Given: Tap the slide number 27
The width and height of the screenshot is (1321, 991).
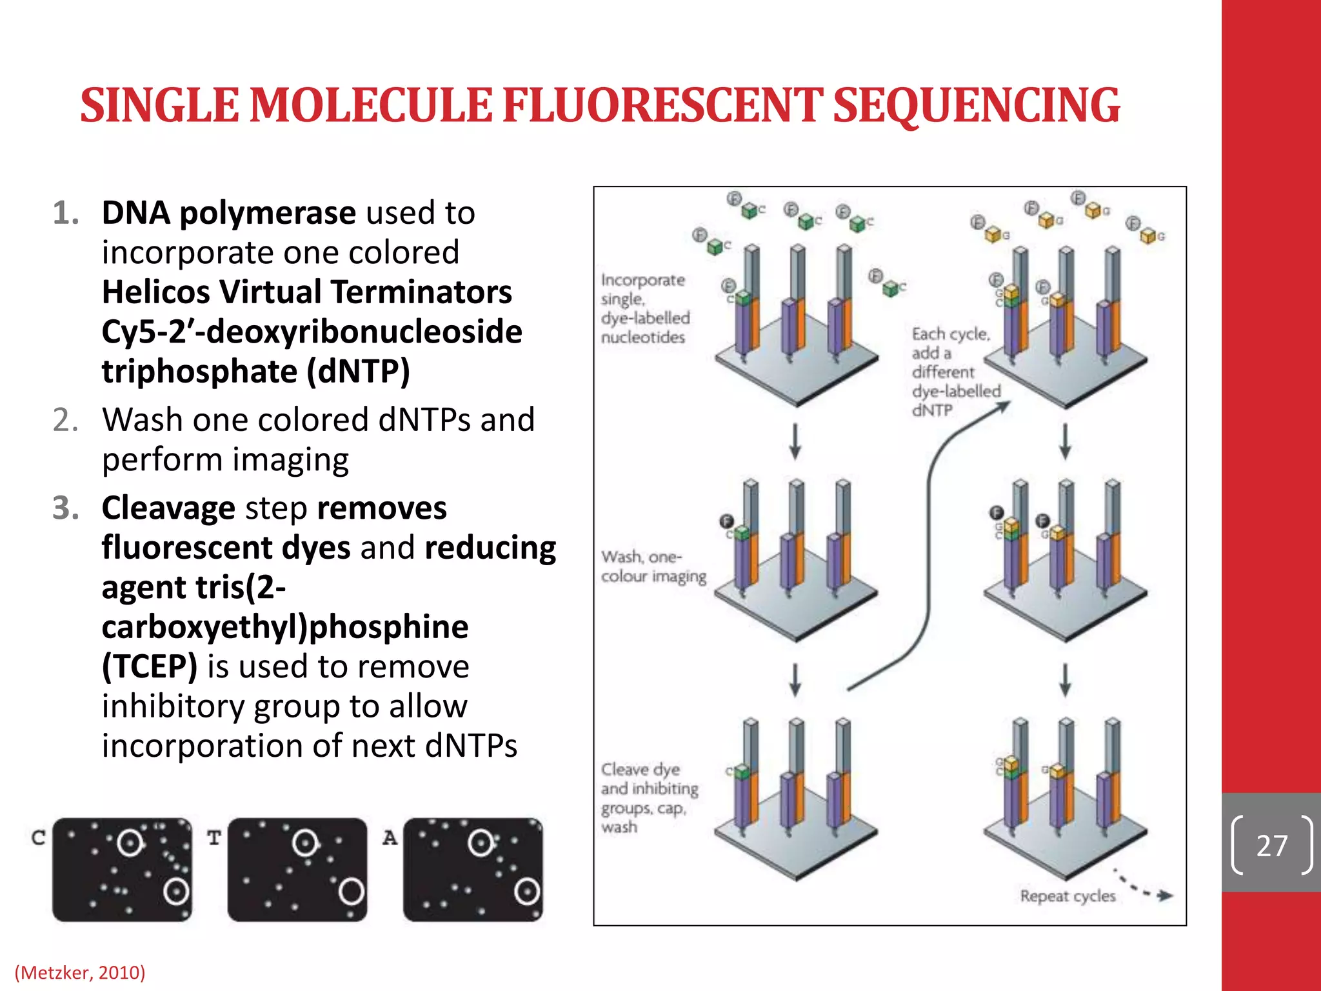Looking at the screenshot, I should point(1271,845).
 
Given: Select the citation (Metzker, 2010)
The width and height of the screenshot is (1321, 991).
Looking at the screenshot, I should point(80,972).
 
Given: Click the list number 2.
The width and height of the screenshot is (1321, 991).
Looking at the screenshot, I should point(66,420).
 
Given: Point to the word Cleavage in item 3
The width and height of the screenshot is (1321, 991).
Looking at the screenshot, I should point(168,508).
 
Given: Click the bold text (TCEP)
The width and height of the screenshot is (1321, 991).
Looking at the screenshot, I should point(150,666).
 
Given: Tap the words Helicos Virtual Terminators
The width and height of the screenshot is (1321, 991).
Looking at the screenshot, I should point(307,292).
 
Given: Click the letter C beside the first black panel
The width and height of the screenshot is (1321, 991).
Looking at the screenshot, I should point(38,837).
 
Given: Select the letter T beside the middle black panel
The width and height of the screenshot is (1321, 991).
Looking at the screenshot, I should point(214,837).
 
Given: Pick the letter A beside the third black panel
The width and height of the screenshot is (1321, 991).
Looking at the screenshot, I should point(390,837).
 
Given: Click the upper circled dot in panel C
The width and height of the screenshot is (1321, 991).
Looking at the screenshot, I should point(130,843).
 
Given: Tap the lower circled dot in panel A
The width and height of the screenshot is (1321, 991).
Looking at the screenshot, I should point(527,892).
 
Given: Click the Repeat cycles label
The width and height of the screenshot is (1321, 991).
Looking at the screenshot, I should point(1068,896).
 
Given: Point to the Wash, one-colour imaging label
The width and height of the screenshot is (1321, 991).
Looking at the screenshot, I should point(653,566).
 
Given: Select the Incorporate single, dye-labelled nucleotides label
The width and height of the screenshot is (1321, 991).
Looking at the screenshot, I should point(644,308).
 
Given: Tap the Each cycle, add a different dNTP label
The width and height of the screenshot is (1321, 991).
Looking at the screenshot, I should point(955,372).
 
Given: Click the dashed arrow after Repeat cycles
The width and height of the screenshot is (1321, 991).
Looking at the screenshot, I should point(1145,887).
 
